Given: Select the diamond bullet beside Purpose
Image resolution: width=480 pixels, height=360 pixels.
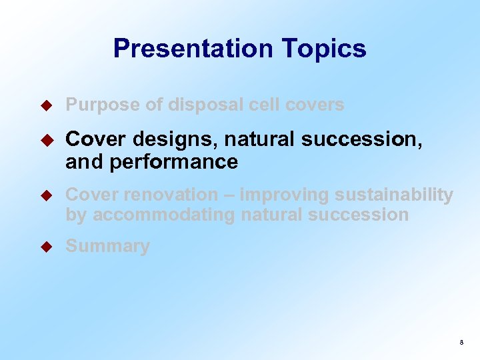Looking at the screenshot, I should coord(47,105).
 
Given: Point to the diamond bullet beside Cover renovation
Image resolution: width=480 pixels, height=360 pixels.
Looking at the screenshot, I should coord(47,195).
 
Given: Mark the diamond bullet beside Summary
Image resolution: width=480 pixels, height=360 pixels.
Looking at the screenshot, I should coord(47,247).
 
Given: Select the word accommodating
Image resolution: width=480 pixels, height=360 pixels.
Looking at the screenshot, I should coord(163,215).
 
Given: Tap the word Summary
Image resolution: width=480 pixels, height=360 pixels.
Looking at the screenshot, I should coord(107,247).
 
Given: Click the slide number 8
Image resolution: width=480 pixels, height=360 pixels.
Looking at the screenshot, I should coord(461,343).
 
